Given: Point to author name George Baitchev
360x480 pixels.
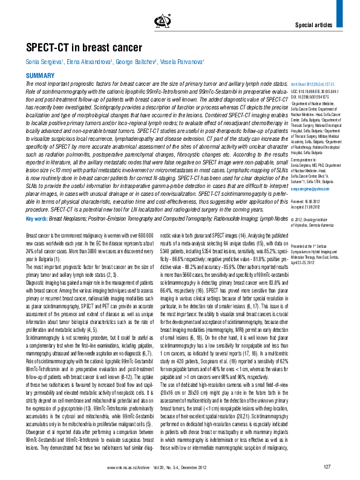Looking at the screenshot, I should tap(142, 63).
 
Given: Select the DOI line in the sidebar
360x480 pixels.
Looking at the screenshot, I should tap(313, 97).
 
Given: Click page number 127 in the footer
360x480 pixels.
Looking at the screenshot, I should tap(327, 467).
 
